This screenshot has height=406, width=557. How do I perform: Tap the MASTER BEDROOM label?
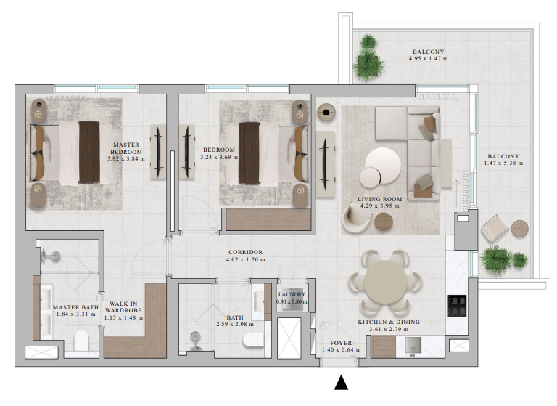coord(125,148)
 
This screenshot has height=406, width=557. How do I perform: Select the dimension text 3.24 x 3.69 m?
coord(218,158)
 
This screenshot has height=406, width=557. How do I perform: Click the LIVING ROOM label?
coord(379,198)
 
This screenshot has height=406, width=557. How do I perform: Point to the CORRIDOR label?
coord(245,252)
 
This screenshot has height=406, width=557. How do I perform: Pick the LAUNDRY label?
coord(292,294)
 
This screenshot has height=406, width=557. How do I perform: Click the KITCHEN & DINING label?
coord(389,322)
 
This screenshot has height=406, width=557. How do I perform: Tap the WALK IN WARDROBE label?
coord(125,308)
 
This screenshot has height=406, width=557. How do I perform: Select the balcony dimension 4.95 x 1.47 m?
coord(430,59)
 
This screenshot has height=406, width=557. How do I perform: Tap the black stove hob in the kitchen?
coord(458,306)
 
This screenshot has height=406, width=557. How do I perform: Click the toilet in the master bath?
coord(81,339)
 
